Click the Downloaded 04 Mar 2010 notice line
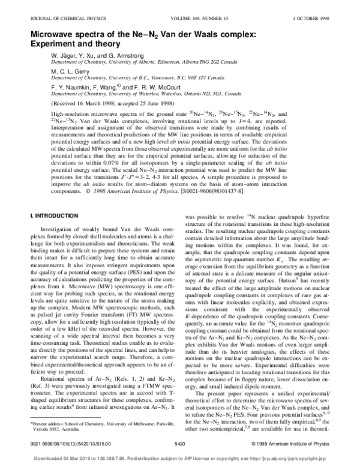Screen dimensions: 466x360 pyautogui.click(x=179, y=460)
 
